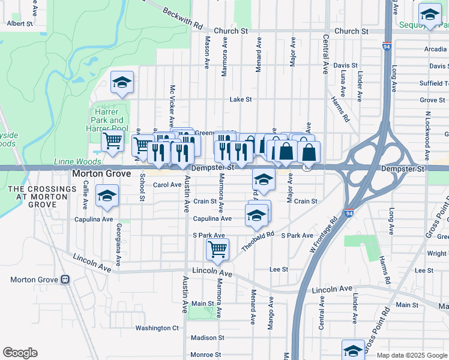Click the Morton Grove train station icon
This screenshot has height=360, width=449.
65,280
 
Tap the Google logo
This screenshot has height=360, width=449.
20,353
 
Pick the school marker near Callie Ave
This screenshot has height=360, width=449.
107,196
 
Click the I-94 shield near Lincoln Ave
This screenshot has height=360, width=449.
349,212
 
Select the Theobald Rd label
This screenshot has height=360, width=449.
258,241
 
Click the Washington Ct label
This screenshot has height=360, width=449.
157,328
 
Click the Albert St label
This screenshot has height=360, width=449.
20,24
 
